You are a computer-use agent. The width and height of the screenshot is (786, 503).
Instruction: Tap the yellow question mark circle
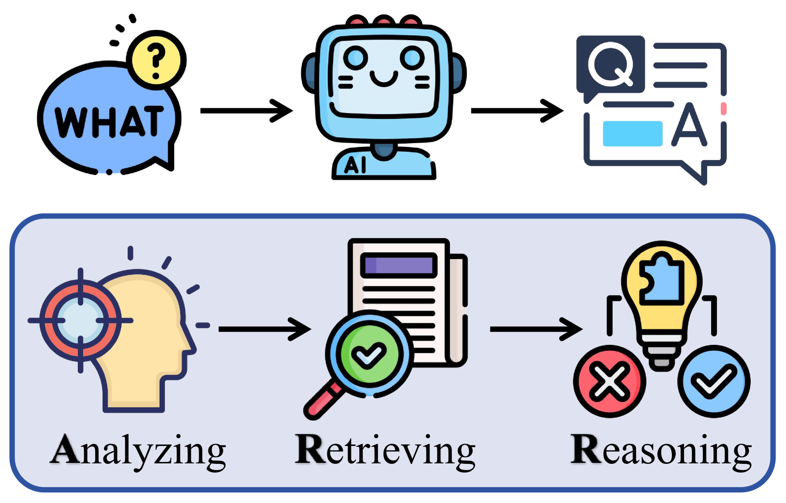(156, 60)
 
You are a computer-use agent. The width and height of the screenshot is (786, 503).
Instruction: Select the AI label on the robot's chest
(355, 165)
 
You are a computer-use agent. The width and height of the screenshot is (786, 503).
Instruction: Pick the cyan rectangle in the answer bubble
(632, 133)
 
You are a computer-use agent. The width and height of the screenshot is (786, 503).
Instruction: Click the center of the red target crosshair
(80, 320)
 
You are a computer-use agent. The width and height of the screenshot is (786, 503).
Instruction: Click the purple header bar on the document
(399, 265)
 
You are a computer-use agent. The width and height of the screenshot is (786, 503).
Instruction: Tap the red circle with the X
(609, 381)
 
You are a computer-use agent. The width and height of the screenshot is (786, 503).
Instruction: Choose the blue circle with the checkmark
(713, 381)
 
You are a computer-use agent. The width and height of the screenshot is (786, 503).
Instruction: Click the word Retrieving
(385, 450)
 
